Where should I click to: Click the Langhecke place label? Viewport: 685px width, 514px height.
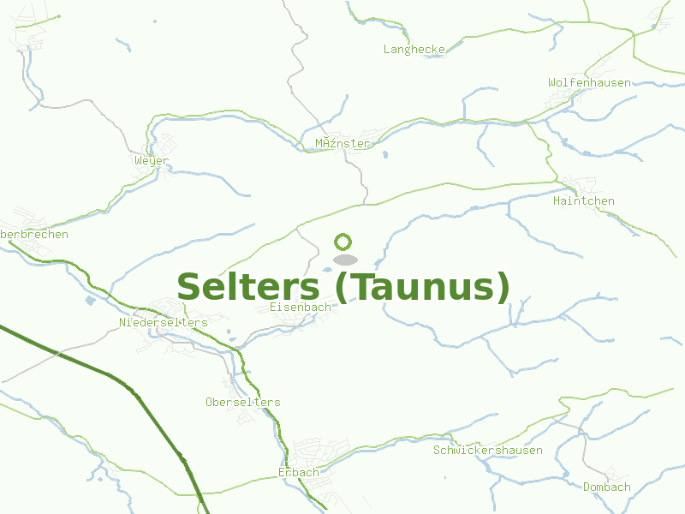(414, 50)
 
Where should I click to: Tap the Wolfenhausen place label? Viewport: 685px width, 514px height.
(589, 83)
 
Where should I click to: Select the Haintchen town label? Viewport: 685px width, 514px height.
(584, 201)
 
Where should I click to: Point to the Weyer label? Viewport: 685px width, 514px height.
(152, 161)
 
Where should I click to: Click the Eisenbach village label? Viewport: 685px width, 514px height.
(300, 307)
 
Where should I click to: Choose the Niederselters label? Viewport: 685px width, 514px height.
(164, 323)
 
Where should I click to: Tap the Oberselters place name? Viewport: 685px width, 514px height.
(242, 403)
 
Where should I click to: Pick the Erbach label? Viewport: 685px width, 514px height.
(298, 473)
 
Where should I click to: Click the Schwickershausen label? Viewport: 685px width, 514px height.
(488, 451)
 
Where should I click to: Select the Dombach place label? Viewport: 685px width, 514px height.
(606, 487)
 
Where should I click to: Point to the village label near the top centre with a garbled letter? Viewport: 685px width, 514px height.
(342, 144)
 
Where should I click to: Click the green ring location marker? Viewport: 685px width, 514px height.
(343, 242)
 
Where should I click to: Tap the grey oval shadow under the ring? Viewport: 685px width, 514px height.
(344, 260)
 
